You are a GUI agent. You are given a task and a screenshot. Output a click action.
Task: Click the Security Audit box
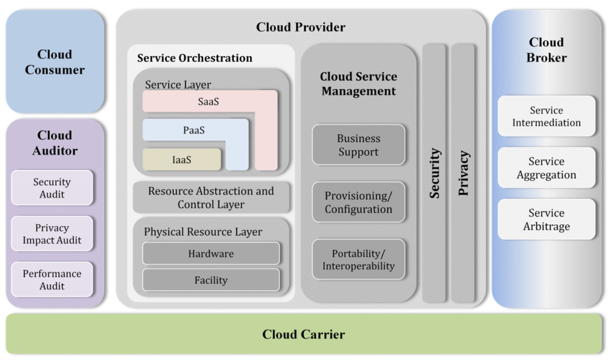[52, 188]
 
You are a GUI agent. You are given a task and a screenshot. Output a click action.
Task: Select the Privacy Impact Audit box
[52, 234]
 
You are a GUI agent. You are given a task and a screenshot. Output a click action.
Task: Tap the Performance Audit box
[52, 279]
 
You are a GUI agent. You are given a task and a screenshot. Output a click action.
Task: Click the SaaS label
[208, 102]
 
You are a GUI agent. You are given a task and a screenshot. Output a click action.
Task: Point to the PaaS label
[194, 130]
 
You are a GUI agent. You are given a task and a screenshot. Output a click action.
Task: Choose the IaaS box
[181, 159]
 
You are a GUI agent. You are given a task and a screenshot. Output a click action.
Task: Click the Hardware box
[211, 253]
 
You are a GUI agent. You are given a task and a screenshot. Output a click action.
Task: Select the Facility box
[211, 280]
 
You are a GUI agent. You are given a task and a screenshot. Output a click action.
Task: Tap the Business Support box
[359, 145]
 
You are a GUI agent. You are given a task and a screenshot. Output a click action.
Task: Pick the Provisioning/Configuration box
[359, 202]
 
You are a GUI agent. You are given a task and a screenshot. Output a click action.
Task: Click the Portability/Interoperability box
[359, 260]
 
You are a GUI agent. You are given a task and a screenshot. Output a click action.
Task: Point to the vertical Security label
[435, 173]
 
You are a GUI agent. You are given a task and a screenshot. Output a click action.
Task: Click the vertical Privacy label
[464, 173]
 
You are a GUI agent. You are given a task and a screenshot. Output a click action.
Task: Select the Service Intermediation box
[547, 116]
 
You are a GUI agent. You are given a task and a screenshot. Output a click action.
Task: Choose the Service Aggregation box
[547, 168]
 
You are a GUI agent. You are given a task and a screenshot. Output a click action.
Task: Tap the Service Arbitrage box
[547, 219]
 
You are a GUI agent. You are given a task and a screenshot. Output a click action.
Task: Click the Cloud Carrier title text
[303, 334]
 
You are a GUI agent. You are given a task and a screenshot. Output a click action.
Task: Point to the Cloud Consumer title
[55, 62]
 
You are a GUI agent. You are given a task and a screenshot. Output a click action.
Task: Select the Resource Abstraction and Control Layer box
[211, 198]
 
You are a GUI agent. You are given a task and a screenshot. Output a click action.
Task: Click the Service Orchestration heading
[195, 58]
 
